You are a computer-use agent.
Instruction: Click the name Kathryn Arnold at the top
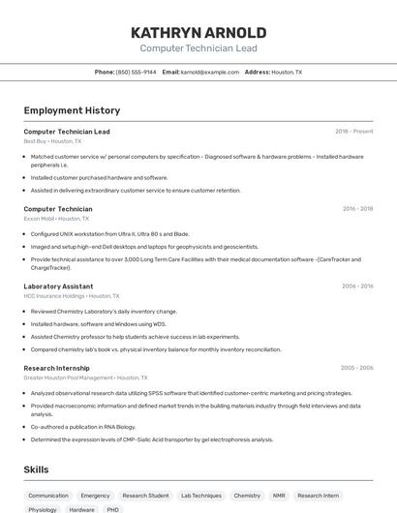(x=198, y=33)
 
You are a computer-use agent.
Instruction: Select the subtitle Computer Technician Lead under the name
(x=198, y=47)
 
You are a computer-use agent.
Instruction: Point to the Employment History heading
(x=72, y=110)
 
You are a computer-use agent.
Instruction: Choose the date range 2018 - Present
(x=353, y=132)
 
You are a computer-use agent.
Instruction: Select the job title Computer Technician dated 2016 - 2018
(x=58, y=209)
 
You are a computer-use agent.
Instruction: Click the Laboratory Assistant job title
(x=58, y=287)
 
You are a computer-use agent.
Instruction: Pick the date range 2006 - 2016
(x=356, y=287)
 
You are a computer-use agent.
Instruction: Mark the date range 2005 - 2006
(x=356, y=368)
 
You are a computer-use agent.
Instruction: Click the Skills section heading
(x=37, y=469)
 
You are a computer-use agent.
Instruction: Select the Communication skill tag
(x=48, y=495)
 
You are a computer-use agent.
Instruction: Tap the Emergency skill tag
(x=95, y=495)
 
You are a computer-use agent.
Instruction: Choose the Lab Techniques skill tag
(x=200, y=495)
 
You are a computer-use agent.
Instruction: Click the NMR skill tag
(x=279, y=495)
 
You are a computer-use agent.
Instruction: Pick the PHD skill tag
(x=112, y=509)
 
